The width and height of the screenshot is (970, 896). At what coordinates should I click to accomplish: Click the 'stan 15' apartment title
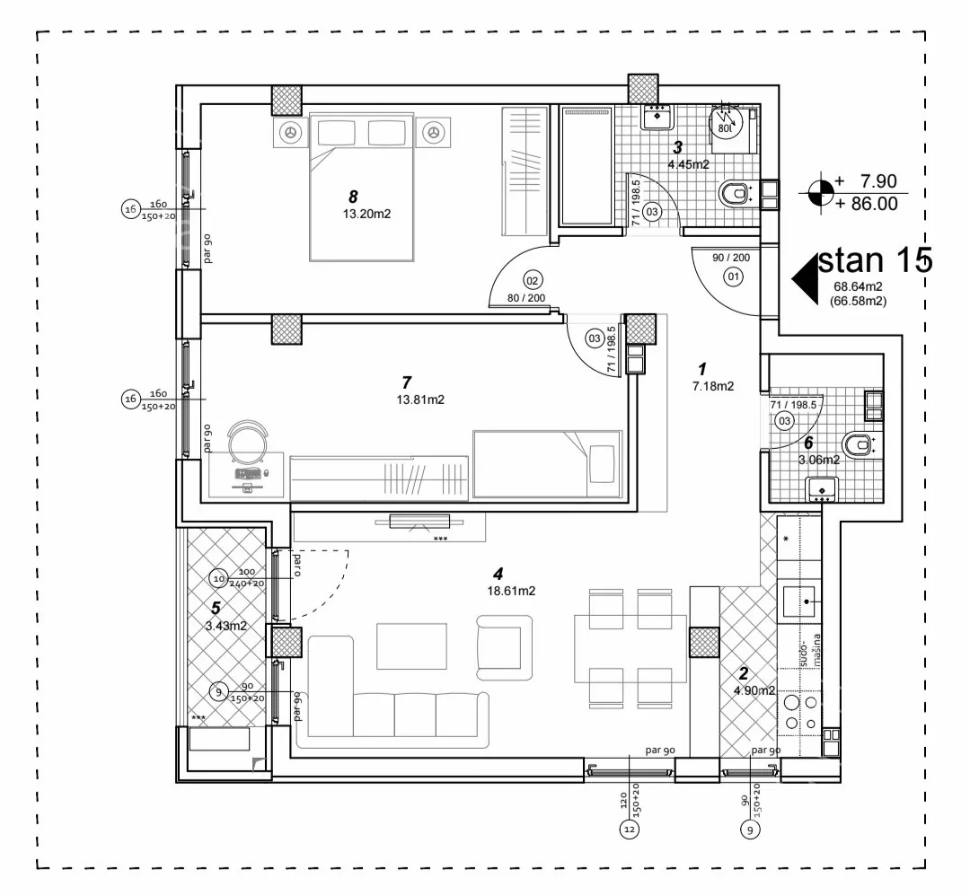pyautogui.click(x=877, y=261)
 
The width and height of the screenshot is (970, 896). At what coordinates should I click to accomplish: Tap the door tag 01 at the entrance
pyautogui.click(x=733, y=277)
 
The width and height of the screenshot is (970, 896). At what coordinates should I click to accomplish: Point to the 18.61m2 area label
pyautogui.click(x=514, y=592)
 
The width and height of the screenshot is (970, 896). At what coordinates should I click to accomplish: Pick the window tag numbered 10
pyautogui.click(x=217, y=577)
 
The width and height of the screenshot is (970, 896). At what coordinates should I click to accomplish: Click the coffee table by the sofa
pyautogui.click(x=410, y=645)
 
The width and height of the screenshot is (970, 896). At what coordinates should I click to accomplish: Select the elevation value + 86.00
pyautogui.click(x=866, y=204)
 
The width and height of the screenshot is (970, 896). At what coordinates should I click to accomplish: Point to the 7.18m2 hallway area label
pyautogui.click(x=713, y=387)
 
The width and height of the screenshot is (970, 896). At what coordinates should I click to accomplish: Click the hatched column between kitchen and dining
pyautogui.click(x=704, y=643)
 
